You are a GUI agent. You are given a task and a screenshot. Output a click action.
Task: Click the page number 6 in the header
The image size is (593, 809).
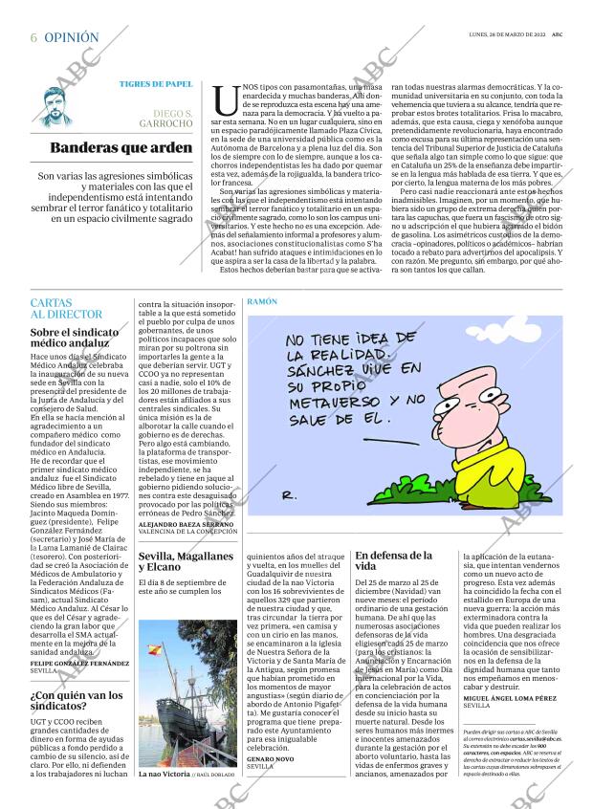pyautogui.click(x=33, y=37)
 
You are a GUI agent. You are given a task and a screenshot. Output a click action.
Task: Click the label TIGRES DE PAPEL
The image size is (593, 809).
pyautogui.click(x=156, y=84)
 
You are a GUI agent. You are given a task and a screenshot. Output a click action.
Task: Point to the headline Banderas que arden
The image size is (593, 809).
pyautogui.click(x=121, y=148)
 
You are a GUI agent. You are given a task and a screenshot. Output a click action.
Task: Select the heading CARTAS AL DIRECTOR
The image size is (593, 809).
pyautogui.click(x=66, y=308)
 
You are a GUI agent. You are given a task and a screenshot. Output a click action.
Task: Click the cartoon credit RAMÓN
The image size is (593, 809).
pyautogui.click(x=262, y=301)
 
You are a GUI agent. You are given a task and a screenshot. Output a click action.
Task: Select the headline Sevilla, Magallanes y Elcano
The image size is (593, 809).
pyautogui.click(x=186, y=561)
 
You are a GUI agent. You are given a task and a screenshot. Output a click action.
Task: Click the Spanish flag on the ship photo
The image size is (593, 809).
pyautogui.click(x=154, y=650)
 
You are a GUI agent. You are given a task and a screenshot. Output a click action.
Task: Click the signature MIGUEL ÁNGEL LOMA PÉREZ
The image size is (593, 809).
pyautogui.click(x=510, y=726)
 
